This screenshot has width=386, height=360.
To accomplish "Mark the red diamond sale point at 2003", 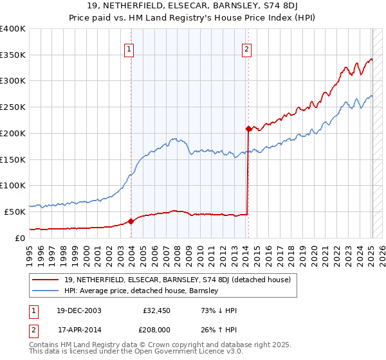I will coord(131,221).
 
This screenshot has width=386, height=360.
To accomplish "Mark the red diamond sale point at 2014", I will coord(248,129).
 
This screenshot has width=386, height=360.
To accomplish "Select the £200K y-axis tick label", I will coord(13,133).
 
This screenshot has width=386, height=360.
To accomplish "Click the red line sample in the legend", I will coord(46,280).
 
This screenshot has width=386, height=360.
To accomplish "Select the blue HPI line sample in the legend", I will coord(46,291).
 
